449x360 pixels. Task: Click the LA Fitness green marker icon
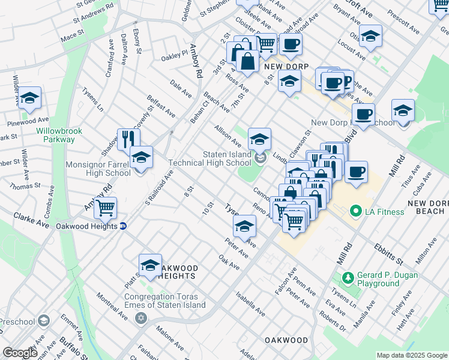[355, 211]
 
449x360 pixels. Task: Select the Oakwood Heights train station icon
[123, 226]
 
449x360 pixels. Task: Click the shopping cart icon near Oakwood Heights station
[106, 208]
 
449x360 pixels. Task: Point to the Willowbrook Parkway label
[55, 135]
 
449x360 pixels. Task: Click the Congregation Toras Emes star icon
[141, 317]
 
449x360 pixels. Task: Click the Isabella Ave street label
[250, 304]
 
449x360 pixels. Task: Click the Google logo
[20, 353]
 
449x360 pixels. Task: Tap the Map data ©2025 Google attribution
[411, 355]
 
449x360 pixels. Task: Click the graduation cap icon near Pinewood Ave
[29, 98]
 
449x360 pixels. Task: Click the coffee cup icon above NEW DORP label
[291, 44]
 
